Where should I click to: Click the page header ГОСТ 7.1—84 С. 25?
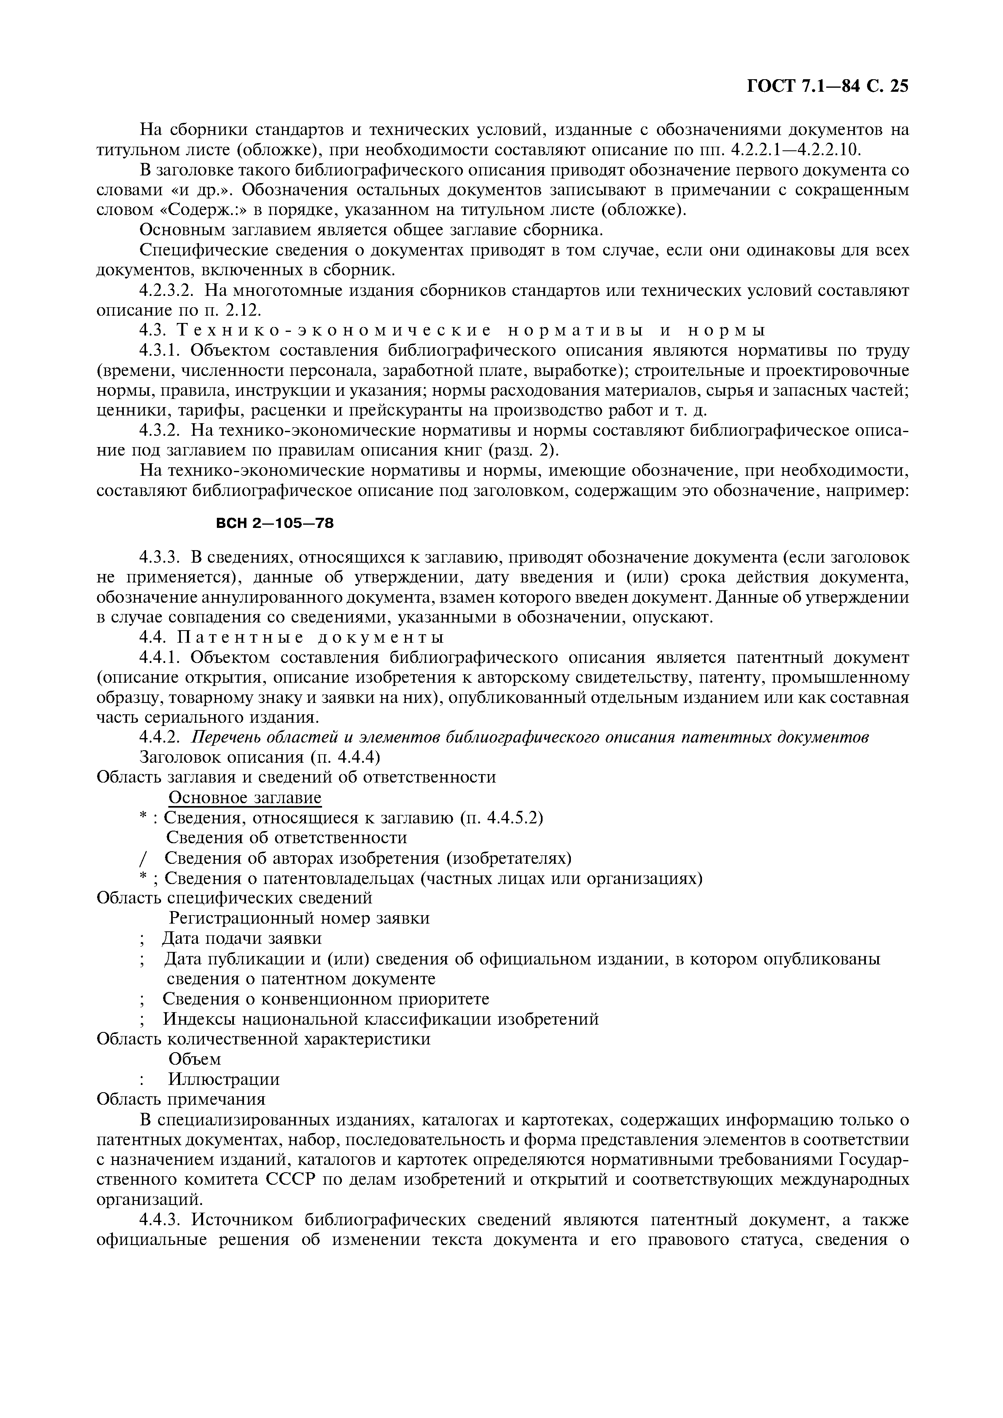pos(827,87)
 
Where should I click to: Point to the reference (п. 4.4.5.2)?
pos(502,818)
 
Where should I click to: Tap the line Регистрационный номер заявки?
pos(299,918)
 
